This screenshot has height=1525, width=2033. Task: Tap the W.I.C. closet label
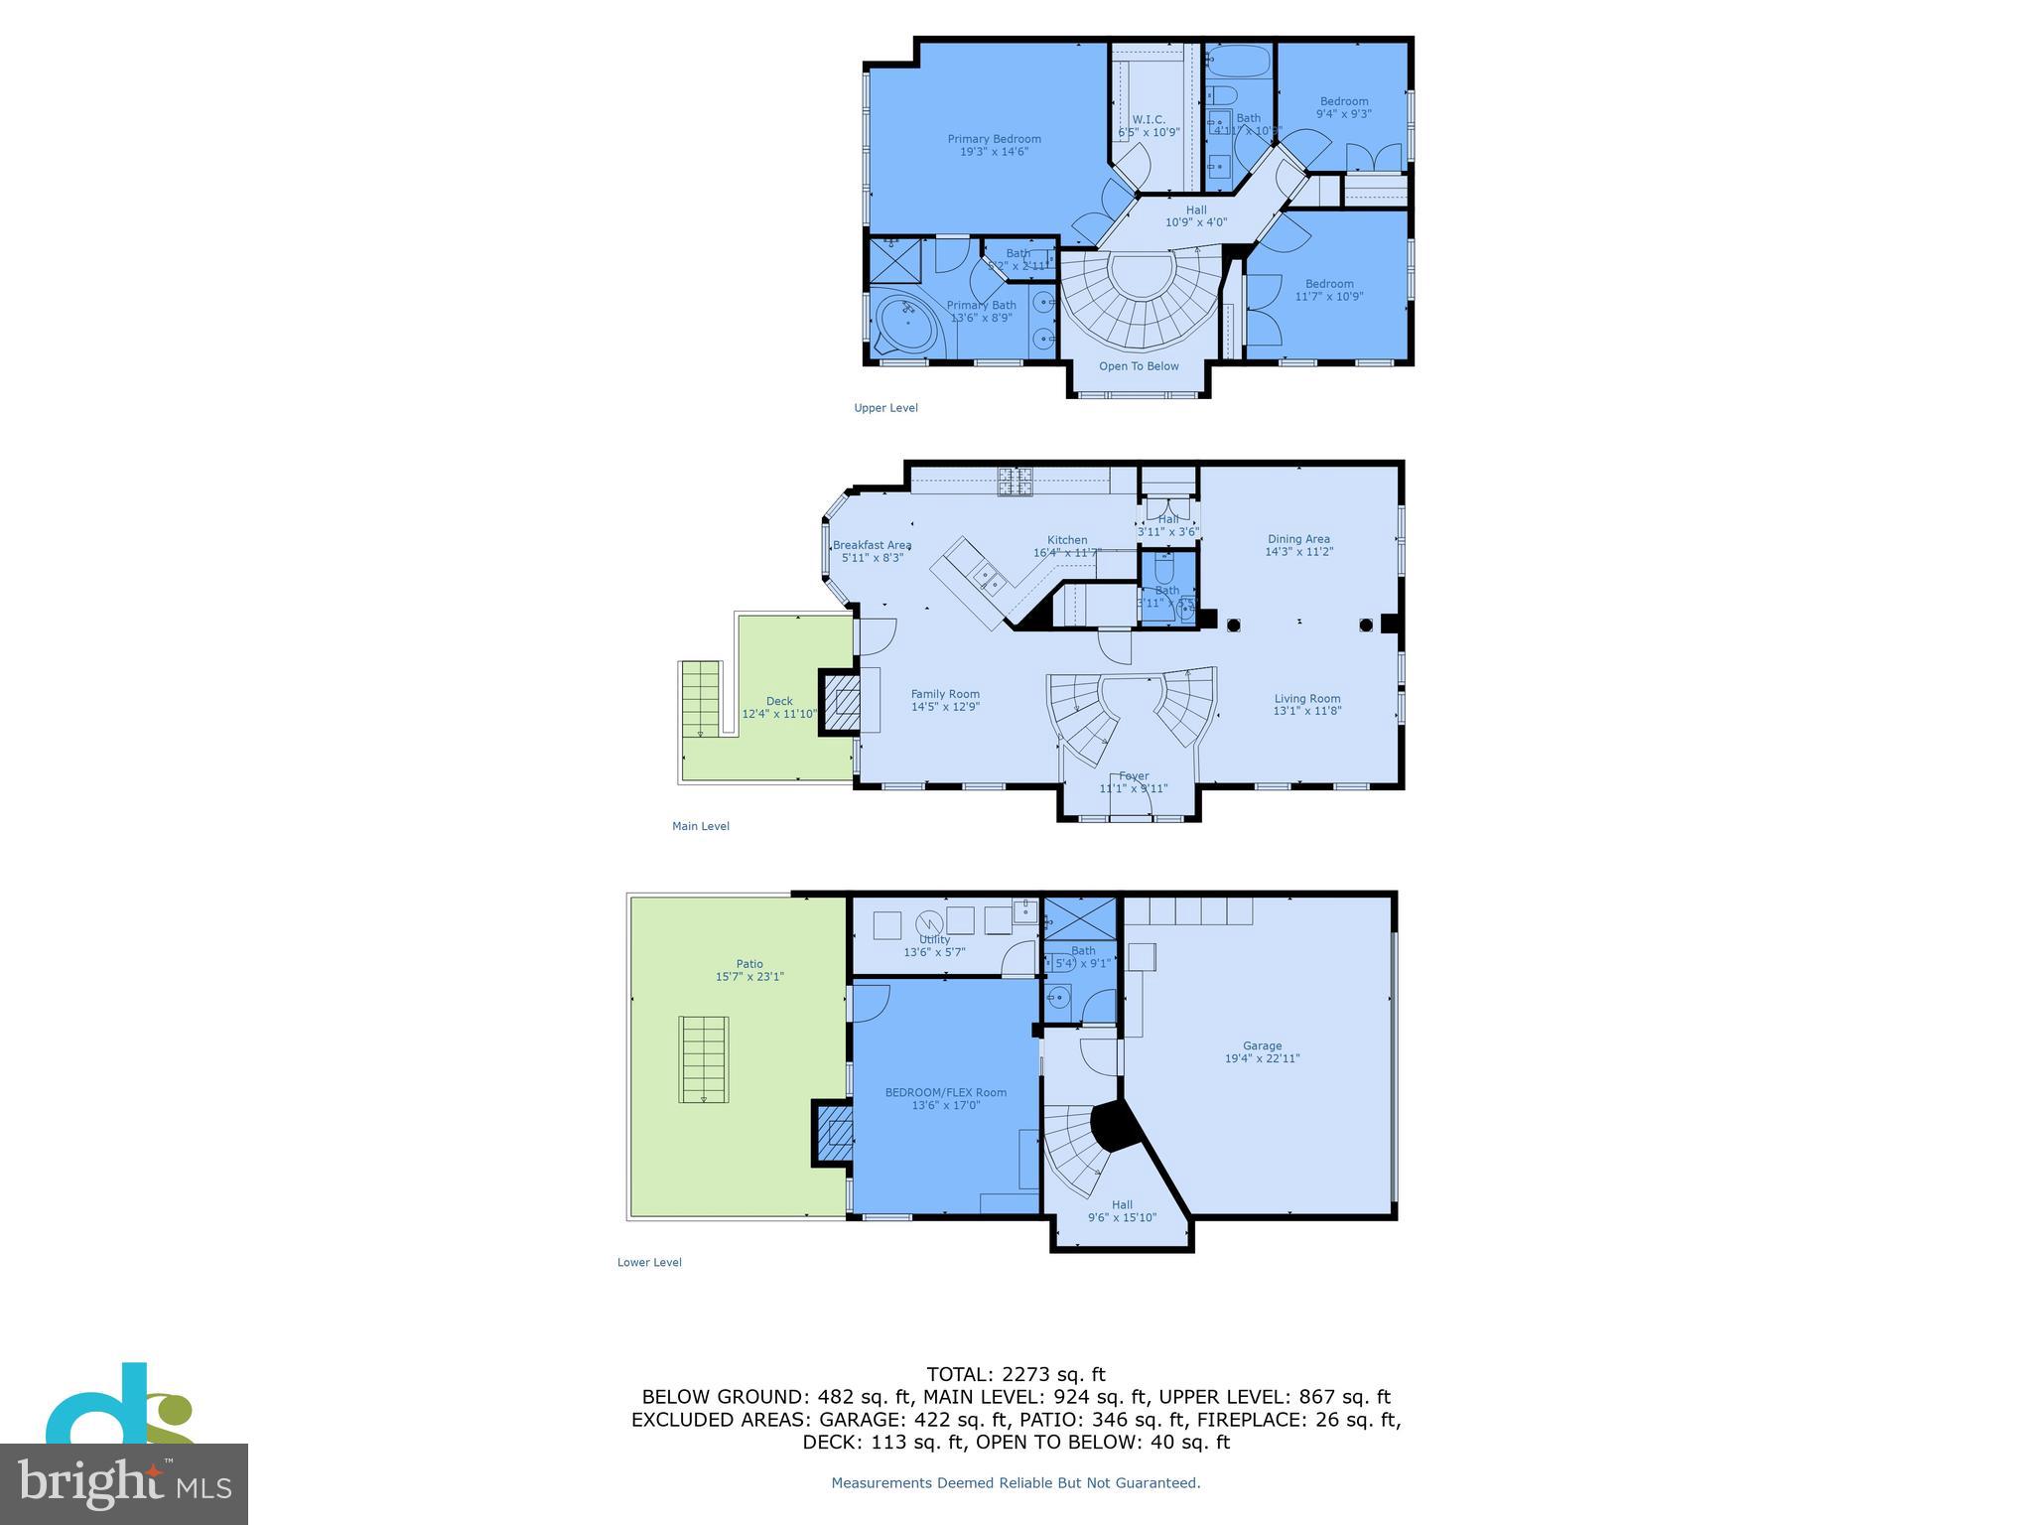pyautogui.click(x=1149, y=119)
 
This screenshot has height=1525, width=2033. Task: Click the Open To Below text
pyautogui.click(x=1139, y=366)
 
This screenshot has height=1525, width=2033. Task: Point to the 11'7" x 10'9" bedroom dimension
pyautogui.click(x=1329, y=296)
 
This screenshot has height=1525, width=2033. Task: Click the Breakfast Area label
pyautogui.click(x=872, y=545)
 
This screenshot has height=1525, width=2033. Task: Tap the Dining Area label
pyautogui.click(x=1297, y=539)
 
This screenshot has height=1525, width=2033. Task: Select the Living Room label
pyautogui.click(x=1307, y=698)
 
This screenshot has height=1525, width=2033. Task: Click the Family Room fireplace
pyautogui.click(x=843, y=702)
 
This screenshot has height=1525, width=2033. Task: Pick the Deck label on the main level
pyautogui.click(x=779, y=701)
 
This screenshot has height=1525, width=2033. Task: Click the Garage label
pyautogui.click(x=1262, y=1045)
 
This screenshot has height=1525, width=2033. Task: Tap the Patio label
pyautogui.click(x=749, y=963)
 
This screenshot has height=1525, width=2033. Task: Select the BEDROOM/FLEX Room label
pyautogui.click(x=945, y=1092)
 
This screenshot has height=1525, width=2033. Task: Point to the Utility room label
pyautogui.click(x=934, y=939)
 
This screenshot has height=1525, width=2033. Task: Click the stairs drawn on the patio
pyautogui.click(x=704, y=1058)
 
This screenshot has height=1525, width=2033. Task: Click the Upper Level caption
pyautogui.click(x=885, y=408)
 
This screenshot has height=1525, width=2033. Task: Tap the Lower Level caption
pyautogui.click(x=649, y=1262)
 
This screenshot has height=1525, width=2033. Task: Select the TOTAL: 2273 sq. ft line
pyautogui.click(x=1016, y=1374)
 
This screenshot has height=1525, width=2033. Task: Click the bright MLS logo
pyautogui.click(x=124, y=1483)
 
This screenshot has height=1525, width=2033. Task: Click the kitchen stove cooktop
pyautogui.click(x=1015, y=481)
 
